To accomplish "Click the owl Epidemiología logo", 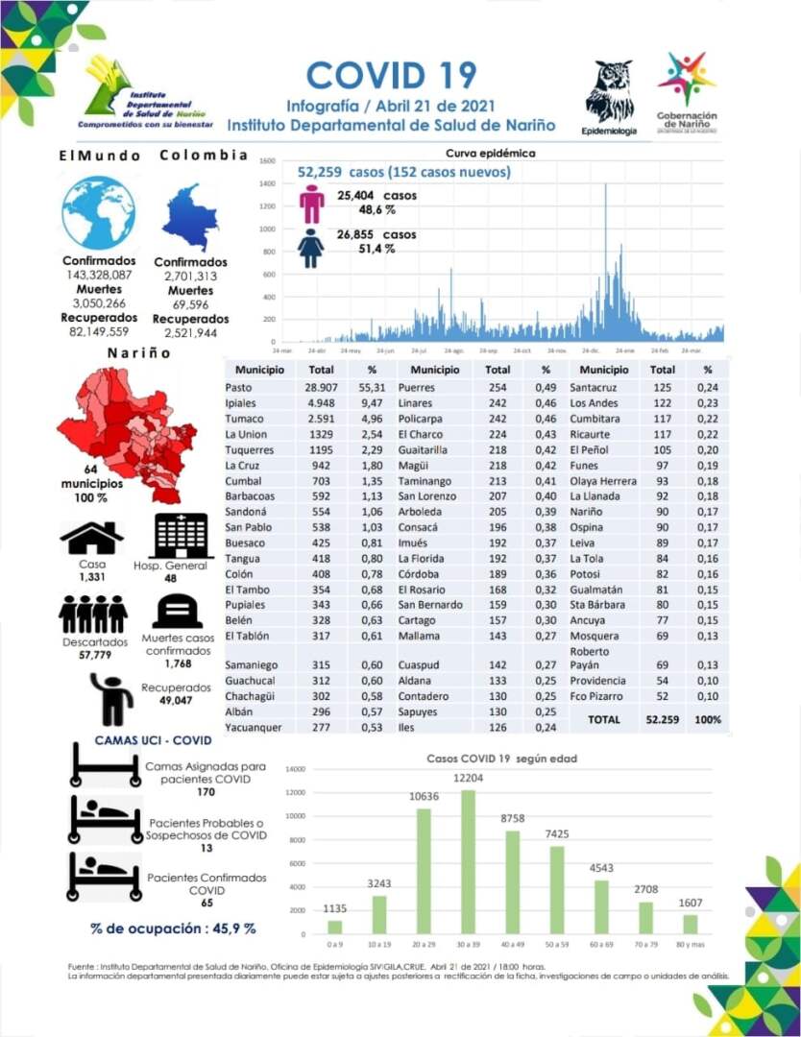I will (x=610, y=92).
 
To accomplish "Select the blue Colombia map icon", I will (x=191, y=218).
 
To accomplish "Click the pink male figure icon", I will (x=311, y=204).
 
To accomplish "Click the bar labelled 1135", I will (x=334, y=927).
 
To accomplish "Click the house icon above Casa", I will (x=92, y=538).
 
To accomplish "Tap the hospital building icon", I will (x=181, y=535).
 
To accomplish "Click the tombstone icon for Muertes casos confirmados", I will (x=177, y=611).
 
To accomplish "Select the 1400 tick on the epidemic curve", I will (x=267, y=183).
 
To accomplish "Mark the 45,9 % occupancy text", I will (x=173, y=928).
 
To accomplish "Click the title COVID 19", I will (x=391, y=75).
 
